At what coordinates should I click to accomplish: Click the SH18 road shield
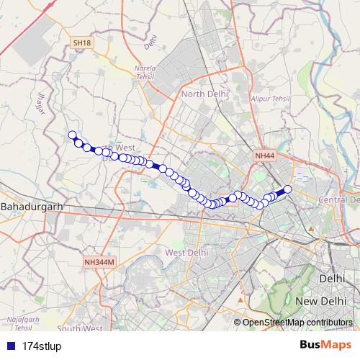[x=81, y=43]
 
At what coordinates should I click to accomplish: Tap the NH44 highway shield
[x=264, y=156]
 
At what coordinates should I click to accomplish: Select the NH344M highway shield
[x=99, y=263]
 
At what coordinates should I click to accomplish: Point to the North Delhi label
[x=204, y=94]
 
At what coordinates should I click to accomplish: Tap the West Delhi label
[x=186, y=253]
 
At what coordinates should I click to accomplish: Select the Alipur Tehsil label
[x=269, y=97]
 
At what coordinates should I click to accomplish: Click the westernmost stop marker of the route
[x=72, y=135]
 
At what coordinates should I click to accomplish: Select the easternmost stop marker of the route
[x=287, y=189]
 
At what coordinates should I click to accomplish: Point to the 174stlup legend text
[x=42, y=346]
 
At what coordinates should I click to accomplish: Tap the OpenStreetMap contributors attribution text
[x=297, y=322]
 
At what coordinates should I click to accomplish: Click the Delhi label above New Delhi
[x=333, y=277]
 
